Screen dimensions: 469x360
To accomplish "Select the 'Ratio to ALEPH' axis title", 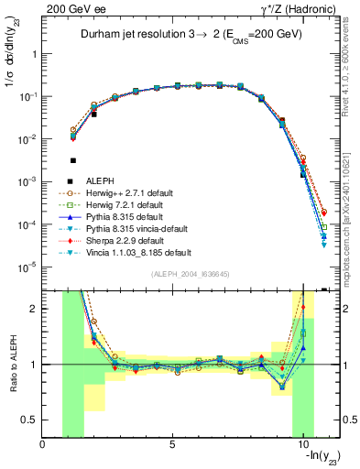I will pyautogui.click(x=12, y=364).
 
